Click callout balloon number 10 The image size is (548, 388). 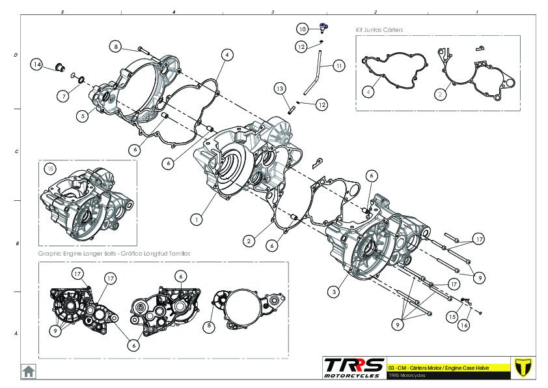point(303,29)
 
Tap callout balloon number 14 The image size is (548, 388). point(36,65)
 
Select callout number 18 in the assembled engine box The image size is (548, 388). point(50,169)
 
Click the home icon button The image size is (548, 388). point(28,371)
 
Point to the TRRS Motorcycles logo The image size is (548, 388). point(354,368)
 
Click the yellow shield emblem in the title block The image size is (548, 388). point(523,367)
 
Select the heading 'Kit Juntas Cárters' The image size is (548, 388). point(379,30)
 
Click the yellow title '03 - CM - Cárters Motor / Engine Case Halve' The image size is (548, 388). point(438,368)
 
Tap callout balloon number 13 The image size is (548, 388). point(280,89)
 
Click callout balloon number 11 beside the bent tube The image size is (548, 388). point(339,65)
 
